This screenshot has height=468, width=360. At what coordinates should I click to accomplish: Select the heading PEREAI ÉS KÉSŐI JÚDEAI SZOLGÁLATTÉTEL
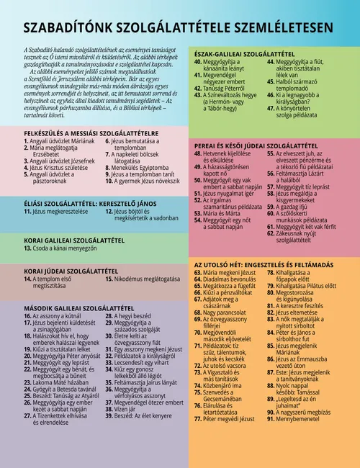261,145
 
